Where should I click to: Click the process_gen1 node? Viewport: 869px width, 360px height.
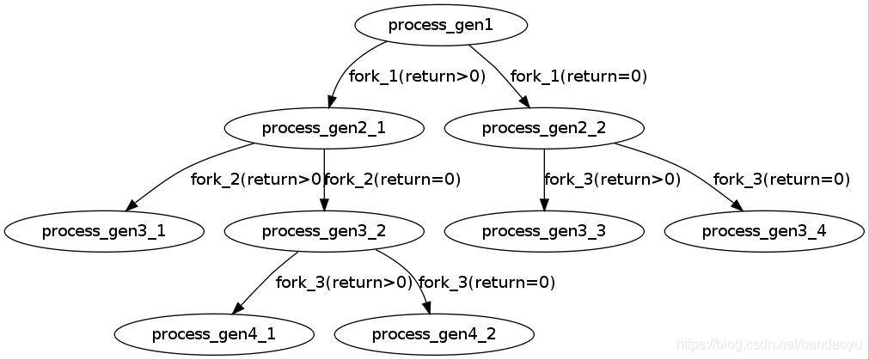(440, 25)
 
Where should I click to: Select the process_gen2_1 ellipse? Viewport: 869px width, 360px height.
(323, 128)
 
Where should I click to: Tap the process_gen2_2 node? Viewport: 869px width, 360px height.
(543, 128)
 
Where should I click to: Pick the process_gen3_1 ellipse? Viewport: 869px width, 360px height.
(103, 230)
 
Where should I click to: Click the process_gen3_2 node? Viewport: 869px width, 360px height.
(323, 230)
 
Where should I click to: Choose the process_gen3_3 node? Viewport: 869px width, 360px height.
(543, 230)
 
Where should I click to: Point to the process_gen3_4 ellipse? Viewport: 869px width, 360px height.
(763, 230)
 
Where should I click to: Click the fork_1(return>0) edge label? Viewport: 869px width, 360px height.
(417, 76)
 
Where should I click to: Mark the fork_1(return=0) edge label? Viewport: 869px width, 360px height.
(578, 76)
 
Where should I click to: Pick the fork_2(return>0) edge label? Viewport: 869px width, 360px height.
(256, 180)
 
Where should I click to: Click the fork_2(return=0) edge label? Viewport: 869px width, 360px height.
(393, 180)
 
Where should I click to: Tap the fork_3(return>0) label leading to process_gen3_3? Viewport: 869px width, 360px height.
(612, 180)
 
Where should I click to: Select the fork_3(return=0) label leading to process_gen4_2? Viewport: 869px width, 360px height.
(487, 282)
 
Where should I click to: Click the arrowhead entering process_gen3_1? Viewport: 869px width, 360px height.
(132, 205)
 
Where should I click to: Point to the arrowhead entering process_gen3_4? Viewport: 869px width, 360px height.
(737, 205)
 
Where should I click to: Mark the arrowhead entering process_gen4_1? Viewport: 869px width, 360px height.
(237, 308)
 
